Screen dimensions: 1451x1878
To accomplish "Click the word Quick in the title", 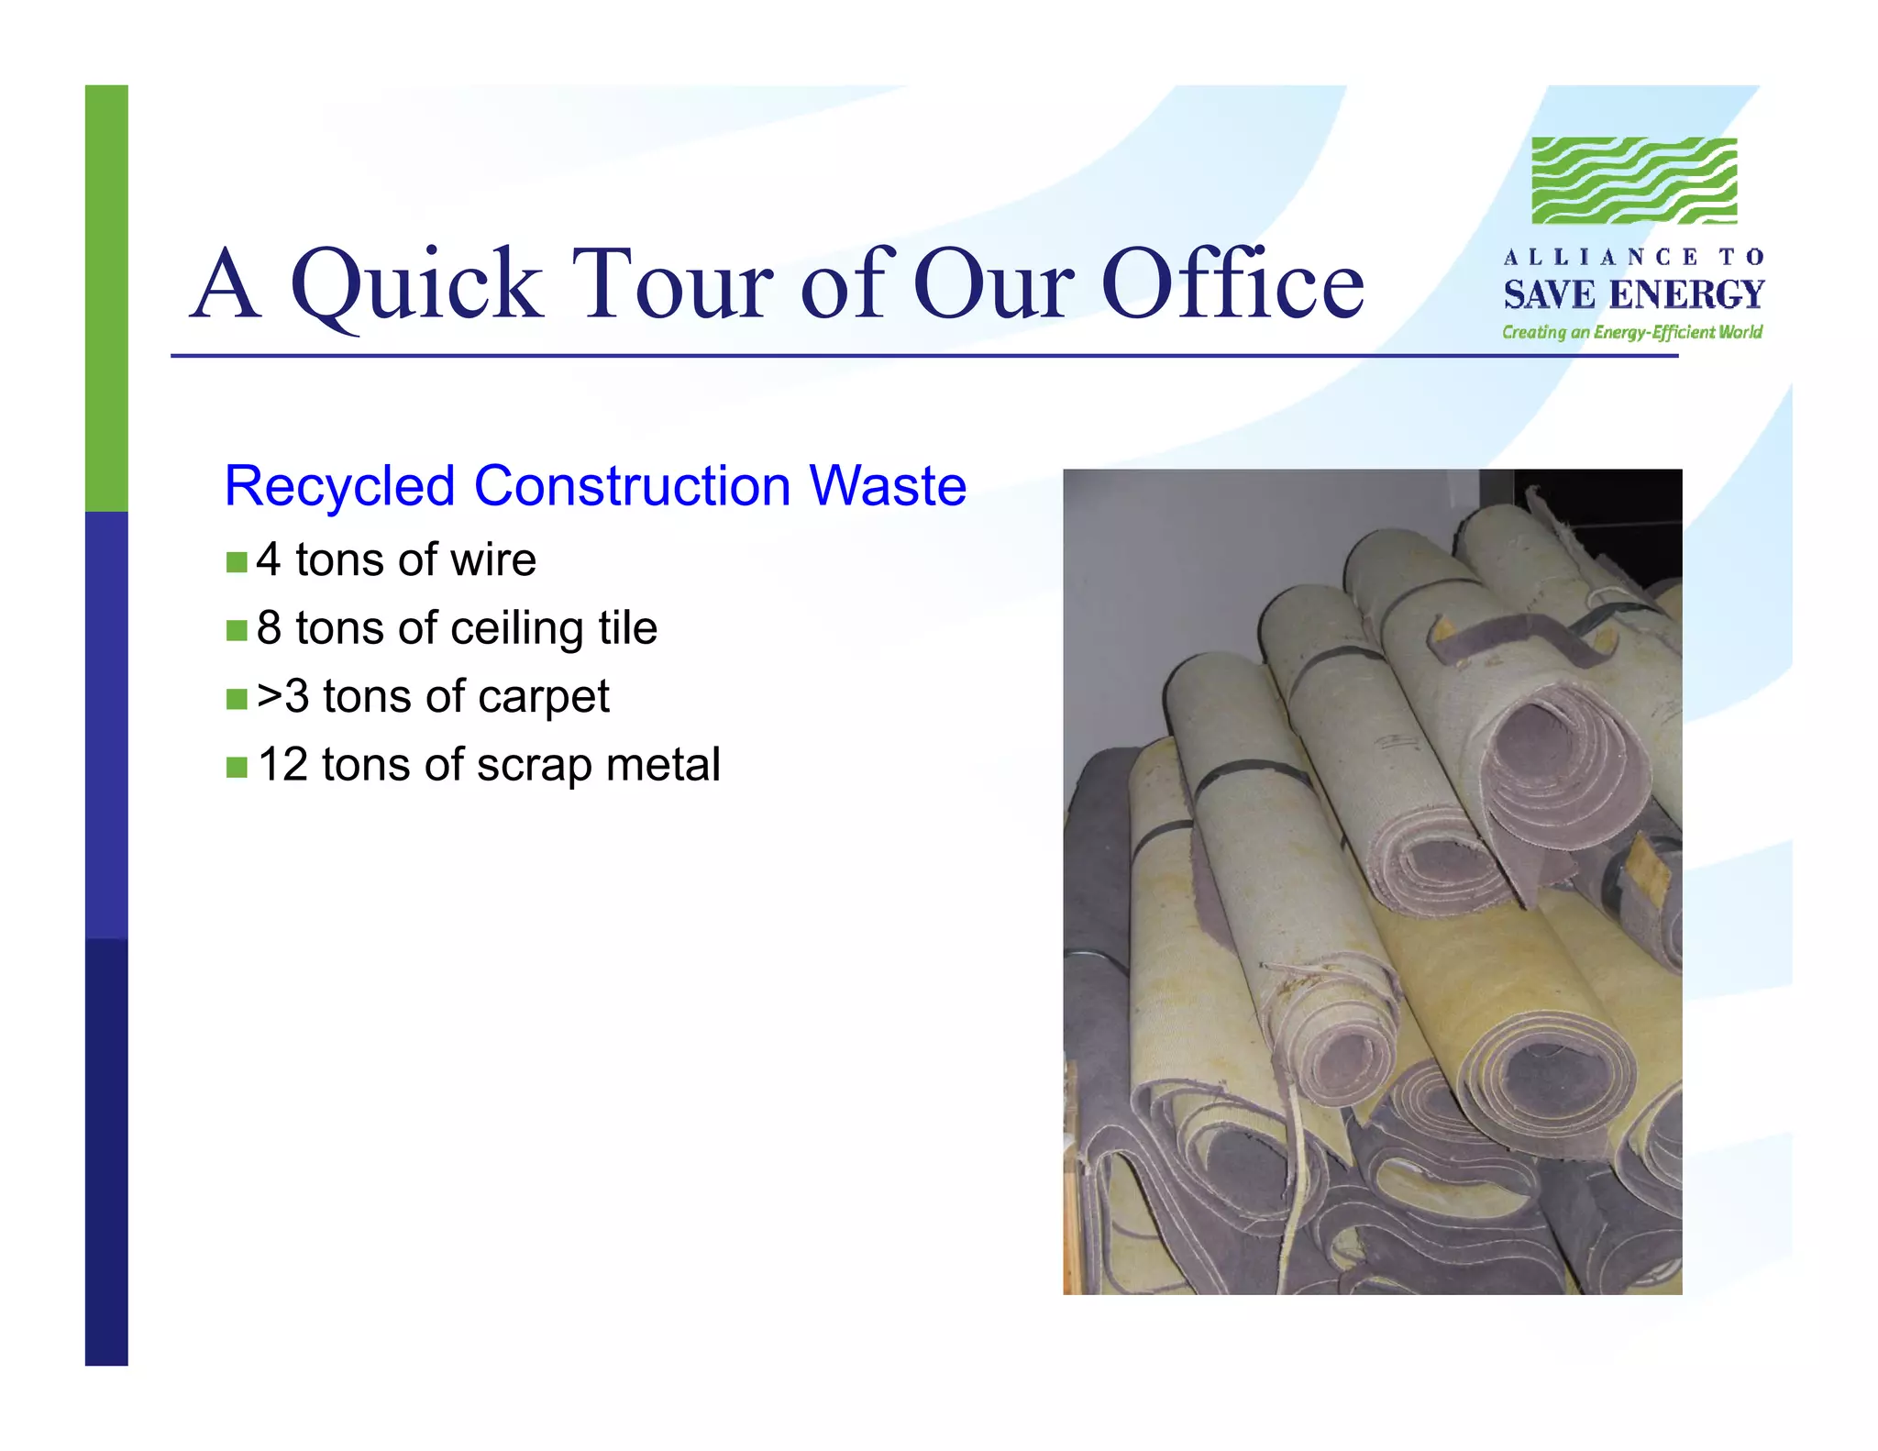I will pos(417,286).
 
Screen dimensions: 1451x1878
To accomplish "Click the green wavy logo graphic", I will pos(1634,181).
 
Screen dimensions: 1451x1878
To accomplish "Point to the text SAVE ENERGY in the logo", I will pos(1633,295).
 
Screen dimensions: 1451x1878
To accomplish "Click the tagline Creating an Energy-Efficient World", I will pos(1632,332).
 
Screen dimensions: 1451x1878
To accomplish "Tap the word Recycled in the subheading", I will pos(339,486).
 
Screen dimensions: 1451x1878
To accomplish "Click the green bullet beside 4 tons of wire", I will pos(237,561).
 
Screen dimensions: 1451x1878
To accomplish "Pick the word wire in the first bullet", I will pos(499,559).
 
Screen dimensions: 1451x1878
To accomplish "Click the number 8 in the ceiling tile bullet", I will pos(269,628).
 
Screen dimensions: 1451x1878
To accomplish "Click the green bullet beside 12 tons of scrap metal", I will pos(237,767).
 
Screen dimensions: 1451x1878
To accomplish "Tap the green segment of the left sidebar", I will pos(106,298).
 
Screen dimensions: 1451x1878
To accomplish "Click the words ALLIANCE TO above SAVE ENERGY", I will pos(1633,258).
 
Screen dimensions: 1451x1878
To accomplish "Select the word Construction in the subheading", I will pos(632,486).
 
